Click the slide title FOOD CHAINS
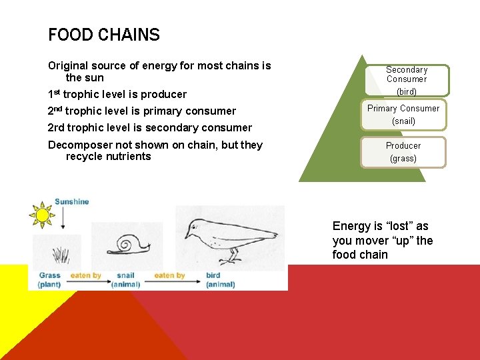click(104, 35)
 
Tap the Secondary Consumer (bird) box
click(407, 79)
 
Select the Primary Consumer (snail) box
click(403, 115)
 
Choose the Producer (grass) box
click(403, 152)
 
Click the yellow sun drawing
click(42, 215)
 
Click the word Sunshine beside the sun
click(71, 202)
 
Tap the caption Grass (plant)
click(49, 280)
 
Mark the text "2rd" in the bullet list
click(55, 127)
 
